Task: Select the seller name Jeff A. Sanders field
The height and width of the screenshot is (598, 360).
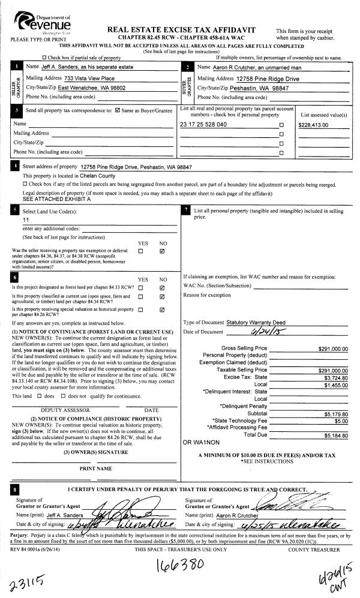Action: [83, 67]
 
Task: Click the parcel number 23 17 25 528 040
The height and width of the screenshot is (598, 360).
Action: [203, 125]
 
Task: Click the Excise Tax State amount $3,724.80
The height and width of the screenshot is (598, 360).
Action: [336, 377]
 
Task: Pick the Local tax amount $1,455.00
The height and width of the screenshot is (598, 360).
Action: [336, 384]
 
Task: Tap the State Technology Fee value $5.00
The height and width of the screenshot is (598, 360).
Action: [341, 420]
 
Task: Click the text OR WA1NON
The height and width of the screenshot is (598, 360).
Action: [199, 442]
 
